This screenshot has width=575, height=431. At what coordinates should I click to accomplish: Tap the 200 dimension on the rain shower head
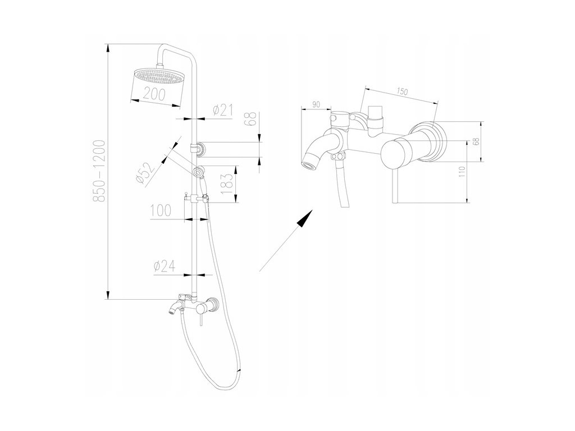click(154, 94)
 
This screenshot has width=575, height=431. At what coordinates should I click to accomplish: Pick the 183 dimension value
click(227, 184)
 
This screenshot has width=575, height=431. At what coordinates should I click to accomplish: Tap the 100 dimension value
click(161, 211)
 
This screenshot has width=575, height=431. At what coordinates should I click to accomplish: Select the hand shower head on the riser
click(198, 171)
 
